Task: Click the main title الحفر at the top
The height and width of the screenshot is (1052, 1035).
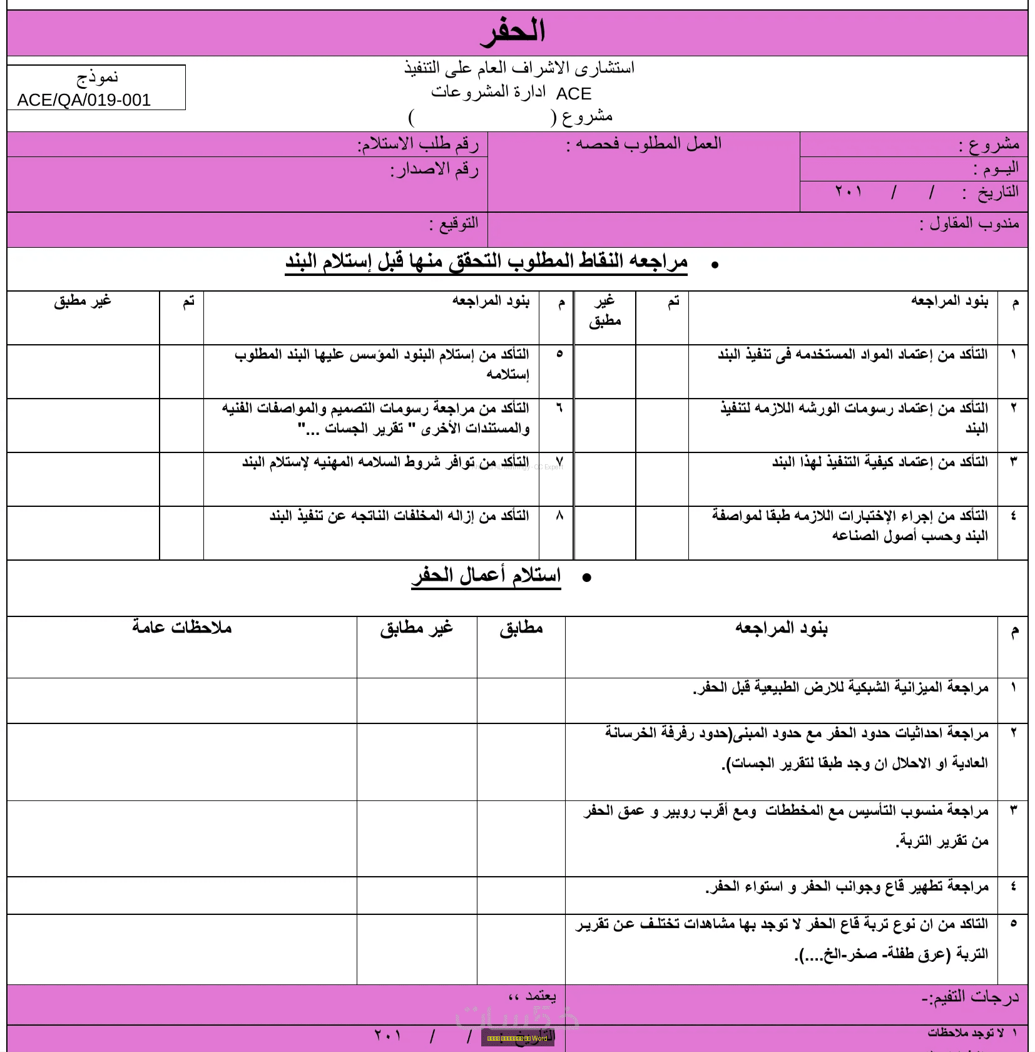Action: (513, 31)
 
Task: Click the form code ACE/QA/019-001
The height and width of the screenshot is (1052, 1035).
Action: (84, 100)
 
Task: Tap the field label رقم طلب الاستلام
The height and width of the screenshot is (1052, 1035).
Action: (418, 145)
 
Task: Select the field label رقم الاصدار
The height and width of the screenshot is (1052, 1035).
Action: (434, 170)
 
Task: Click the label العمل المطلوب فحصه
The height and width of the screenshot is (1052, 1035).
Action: (644, 144)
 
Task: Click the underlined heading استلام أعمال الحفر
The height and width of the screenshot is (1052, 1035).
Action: (486, 575)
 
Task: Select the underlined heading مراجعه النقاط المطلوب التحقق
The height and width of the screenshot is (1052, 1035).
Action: (486, 261)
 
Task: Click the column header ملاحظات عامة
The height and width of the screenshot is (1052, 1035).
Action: (182, 627)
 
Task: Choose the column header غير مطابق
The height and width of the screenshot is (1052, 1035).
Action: (416, 628)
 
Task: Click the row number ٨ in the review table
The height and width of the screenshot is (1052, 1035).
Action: (559, 516)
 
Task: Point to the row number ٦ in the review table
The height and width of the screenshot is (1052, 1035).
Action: (559, 408)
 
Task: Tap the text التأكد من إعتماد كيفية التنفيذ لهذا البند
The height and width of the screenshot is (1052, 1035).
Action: (880, 462)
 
